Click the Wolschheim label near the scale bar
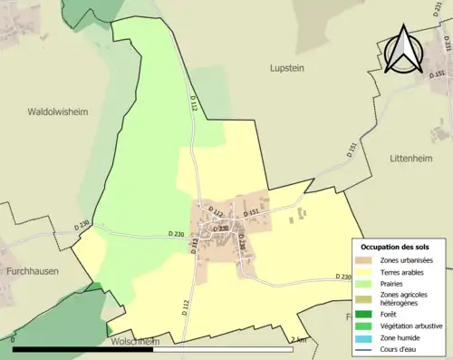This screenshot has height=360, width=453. [x=135, y=342]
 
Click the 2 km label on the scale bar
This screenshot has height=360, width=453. [x=302, y=340]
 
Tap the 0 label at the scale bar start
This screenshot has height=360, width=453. [x=15, y=340]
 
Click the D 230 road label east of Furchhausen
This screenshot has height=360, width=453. [x=84, y=224]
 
